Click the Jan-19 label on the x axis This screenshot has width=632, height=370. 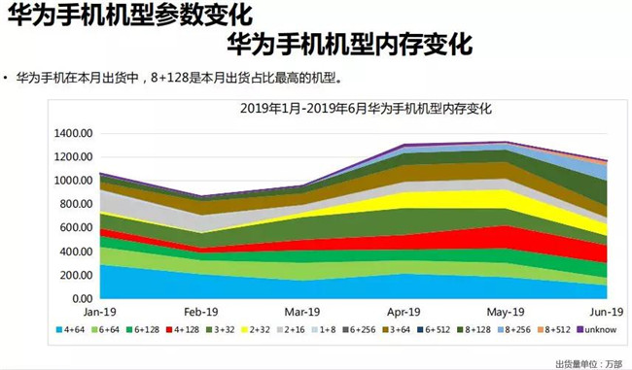coord(99,313)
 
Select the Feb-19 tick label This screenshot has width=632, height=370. coord(199,313)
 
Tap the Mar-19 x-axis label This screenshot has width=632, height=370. coord(300,313)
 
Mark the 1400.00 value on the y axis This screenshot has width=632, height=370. coord(74,133)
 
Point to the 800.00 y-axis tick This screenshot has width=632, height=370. coord(77,204)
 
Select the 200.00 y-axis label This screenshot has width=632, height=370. coord(77,275)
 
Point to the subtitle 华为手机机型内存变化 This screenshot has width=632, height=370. coord(348,45)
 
